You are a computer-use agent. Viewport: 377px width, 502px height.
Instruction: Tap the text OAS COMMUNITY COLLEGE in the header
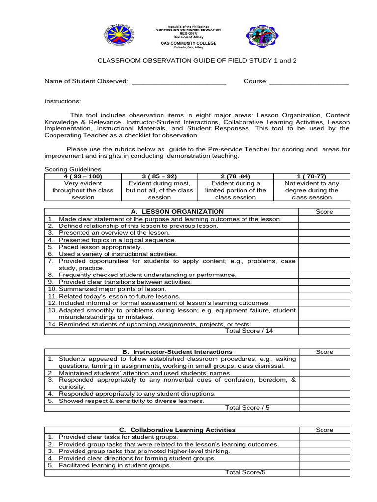188,43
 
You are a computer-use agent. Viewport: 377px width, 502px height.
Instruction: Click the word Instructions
62,101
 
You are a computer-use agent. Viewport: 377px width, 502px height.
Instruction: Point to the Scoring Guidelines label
73,169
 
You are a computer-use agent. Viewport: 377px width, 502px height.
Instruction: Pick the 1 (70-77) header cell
312,176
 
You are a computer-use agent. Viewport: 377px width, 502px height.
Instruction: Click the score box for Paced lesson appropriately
324,247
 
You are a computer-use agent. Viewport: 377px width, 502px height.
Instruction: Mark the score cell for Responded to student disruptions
324,394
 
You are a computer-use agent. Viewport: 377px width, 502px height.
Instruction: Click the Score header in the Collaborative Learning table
324,430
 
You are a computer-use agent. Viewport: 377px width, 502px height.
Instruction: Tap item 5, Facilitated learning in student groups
115,465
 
